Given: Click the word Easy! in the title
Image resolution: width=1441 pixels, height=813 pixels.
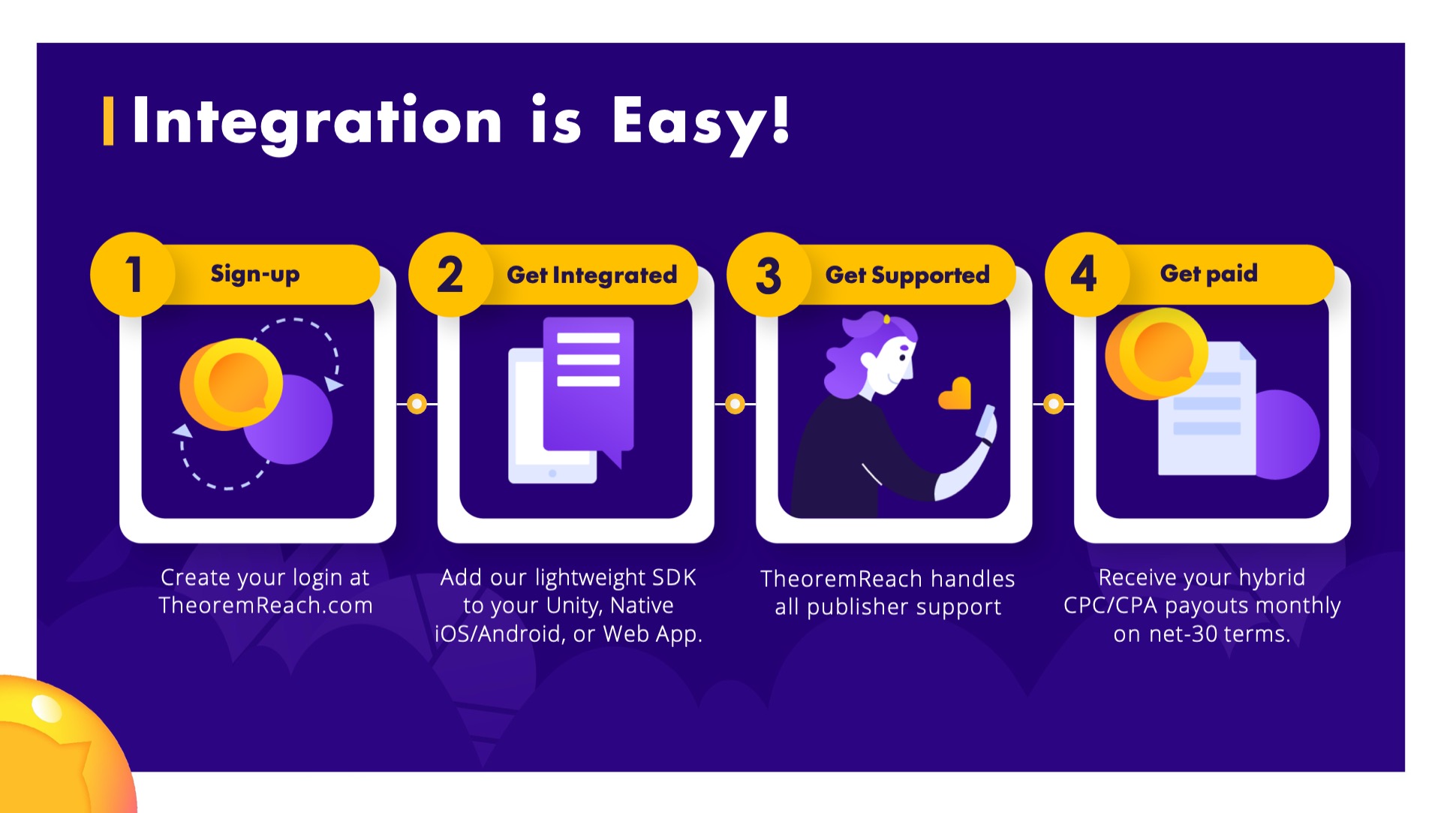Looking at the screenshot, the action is pos(701,122).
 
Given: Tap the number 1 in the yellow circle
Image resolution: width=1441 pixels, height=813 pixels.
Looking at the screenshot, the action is pos(133,274).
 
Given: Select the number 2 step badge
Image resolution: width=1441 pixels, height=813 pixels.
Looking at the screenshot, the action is pos(450,274).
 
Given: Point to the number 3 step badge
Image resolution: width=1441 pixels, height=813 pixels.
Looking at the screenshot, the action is pos(769,274).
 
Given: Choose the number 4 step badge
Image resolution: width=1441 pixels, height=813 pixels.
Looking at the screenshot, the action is pos(1086,274).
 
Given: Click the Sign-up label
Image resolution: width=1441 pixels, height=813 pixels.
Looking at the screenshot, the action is pos(255,274).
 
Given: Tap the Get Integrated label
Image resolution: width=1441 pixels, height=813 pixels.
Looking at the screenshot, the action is pos(592,276).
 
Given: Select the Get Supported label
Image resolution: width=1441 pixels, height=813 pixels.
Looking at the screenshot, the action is pos(907,276).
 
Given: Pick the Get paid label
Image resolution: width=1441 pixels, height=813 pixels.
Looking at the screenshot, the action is pos(1208,274).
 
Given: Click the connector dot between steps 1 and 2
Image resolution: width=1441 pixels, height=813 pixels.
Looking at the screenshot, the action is pos(417,404).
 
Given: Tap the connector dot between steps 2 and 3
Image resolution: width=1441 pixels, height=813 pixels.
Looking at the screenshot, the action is pos(736,404).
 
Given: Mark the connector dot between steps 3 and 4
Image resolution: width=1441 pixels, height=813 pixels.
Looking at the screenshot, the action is pos(1054,404).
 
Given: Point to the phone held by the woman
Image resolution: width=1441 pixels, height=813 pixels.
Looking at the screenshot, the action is pos(986,423).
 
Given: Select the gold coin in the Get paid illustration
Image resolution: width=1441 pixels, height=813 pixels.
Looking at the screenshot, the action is pos(1157,353).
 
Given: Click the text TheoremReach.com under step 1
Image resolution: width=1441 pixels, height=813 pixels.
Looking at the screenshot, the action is pos(266,605).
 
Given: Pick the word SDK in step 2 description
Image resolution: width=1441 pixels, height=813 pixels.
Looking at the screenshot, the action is pos(674,577).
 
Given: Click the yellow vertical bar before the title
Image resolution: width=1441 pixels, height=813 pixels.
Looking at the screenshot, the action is pos(108,120).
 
